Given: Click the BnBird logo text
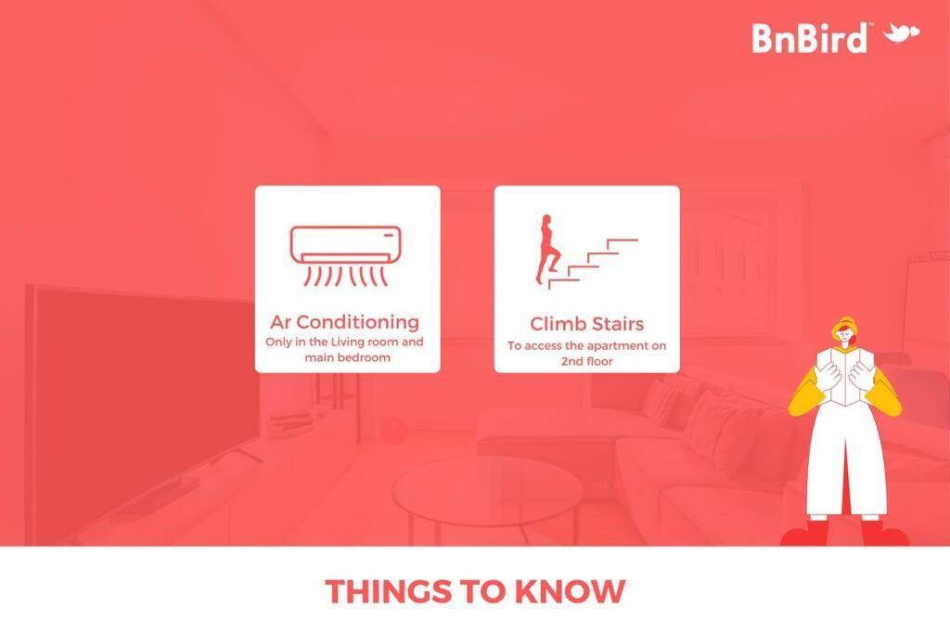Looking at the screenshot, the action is [x=809, y=38].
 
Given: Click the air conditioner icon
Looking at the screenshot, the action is [x=346, y=256].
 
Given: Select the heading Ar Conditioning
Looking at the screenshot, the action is [x=345, y=322].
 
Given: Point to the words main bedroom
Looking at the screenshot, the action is [x=347, y=357].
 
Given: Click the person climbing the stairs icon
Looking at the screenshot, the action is [x=546, y=249].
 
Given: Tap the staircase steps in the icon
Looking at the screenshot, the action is [x=593, y=264].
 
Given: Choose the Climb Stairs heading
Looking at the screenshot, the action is [x=586, y=324].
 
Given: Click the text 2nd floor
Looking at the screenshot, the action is [x=586, y=361].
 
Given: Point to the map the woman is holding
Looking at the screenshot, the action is [x=844, y=376].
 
